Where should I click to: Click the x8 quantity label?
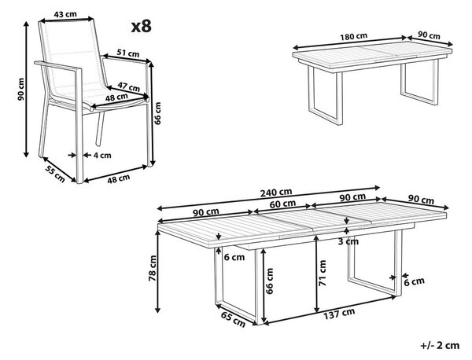(141, 27)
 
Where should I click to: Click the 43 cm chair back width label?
(65, 14)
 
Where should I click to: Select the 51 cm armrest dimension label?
(128, 53)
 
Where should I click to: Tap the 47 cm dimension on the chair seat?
(128, 86)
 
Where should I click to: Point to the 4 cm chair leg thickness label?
(102, 155)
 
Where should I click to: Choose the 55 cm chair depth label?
(55, 174)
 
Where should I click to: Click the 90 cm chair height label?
(20, 90)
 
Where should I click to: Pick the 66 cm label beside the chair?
(157, 113)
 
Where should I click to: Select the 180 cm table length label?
(354, 37)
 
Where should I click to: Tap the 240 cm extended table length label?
(276, 192)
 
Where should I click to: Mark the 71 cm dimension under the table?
(322, 273)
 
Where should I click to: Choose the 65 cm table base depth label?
(234, 319)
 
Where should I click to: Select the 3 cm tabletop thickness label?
(348, 241)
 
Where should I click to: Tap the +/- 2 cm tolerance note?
(440, 346)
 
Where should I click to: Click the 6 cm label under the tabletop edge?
(234, 257)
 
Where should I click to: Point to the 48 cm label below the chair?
(119, 178)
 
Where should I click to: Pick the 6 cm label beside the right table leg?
(415, 282)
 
